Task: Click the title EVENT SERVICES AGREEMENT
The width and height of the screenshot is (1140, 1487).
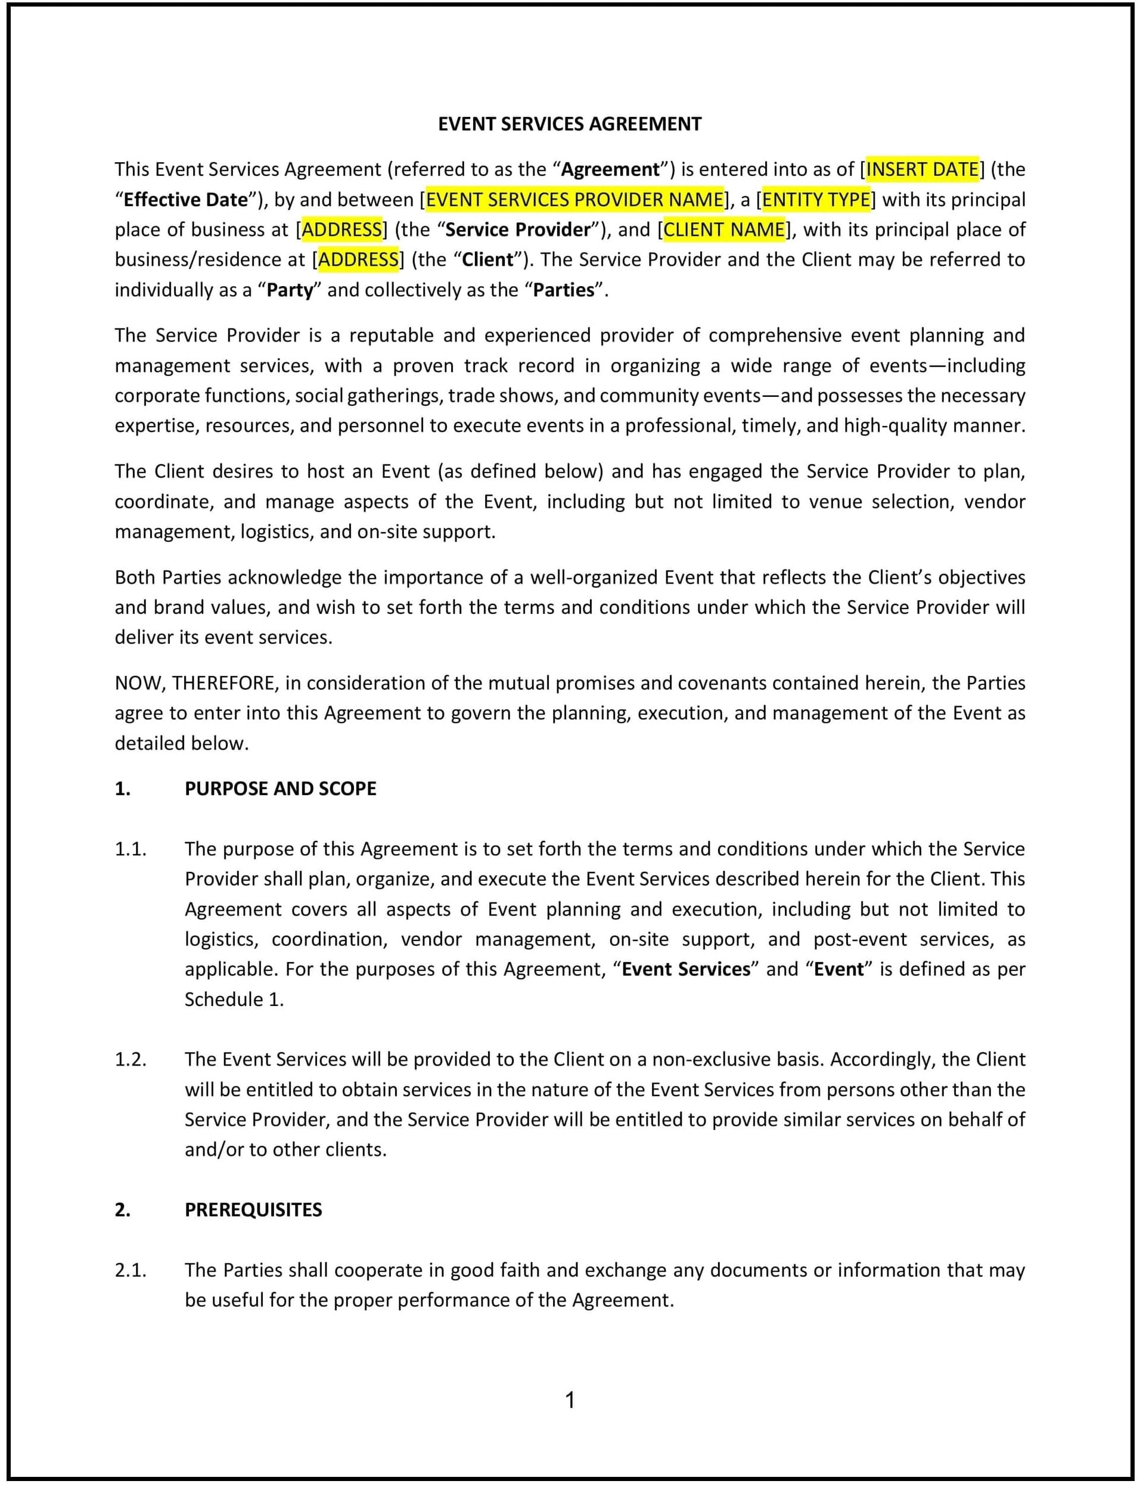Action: click(569, 124)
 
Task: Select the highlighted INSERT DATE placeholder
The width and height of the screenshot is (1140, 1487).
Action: click(922, 169)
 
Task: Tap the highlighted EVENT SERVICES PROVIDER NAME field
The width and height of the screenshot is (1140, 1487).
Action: click(574, 200)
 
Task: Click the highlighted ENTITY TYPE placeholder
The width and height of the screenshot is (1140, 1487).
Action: click(816, 200)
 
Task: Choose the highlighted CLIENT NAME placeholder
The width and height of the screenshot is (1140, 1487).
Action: click(723, 229)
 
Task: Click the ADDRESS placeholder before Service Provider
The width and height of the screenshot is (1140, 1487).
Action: click(341, 229)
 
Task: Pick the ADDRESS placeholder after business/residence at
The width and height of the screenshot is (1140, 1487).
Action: click(358, 259)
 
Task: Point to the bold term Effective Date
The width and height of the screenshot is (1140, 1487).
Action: click(186, 200)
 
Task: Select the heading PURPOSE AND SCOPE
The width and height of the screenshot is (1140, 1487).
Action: click(280, 788)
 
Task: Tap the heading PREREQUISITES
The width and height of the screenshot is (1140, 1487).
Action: click(253, 1209)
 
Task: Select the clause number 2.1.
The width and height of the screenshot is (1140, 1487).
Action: click(131, 1270)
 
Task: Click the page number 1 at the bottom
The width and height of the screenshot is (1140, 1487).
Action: click(570, 1400)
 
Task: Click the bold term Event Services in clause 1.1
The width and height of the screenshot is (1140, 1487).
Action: click(686, 968)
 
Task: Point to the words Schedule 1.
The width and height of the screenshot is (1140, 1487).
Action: click(234, 999)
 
